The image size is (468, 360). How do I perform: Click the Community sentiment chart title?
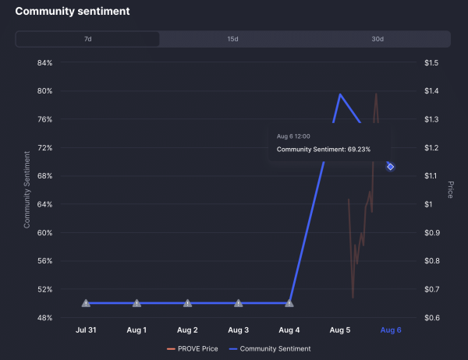pyautogui.click(x=73, y=12)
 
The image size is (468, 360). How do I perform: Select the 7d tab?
pyautogui.click(x=87, y=39)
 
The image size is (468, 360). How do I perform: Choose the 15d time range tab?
pyautogui.click(x=232, y=39)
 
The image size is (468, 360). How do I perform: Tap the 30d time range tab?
pyautogui.click(x=378, y=39)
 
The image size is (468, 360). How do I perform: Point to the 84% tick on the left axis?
pyautogui.click(x=44, y=63)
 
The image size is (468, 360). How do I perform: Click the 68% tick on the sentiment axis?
pyautogui.click(x=44, y=176)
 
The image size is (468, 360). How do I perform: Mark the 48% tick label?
pyautogui.click(x=44, y=318)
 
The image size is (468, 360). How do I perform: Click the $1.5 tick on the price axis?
pyautogui.click(x=431, y=63)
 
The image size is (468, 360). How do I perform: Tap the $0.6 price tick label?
pyautogui.click(x=431, y=318)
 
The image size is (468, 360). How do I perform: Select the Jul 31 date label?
pyautogui.click(x=86, y=330)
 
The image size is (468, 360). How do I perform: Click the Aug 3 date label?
pyautogui.click(x=238, y=330)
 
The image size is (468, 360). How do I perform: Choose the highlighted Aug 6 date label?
pyautogui.click(x=390, y=330)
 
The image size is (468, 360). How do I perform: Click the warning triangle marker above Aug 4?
pyautogui.click(x=289, y=303)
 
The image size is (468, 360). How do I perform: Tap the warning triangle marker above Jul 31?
pyautogui.click(x=86, y=303)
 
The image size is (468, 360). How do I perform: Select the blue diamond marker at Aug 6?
pyautogui.click(x=390, y=167)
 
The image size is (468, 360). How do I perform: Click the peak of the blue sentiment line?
pyautogui.click(x=340, y=94)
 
